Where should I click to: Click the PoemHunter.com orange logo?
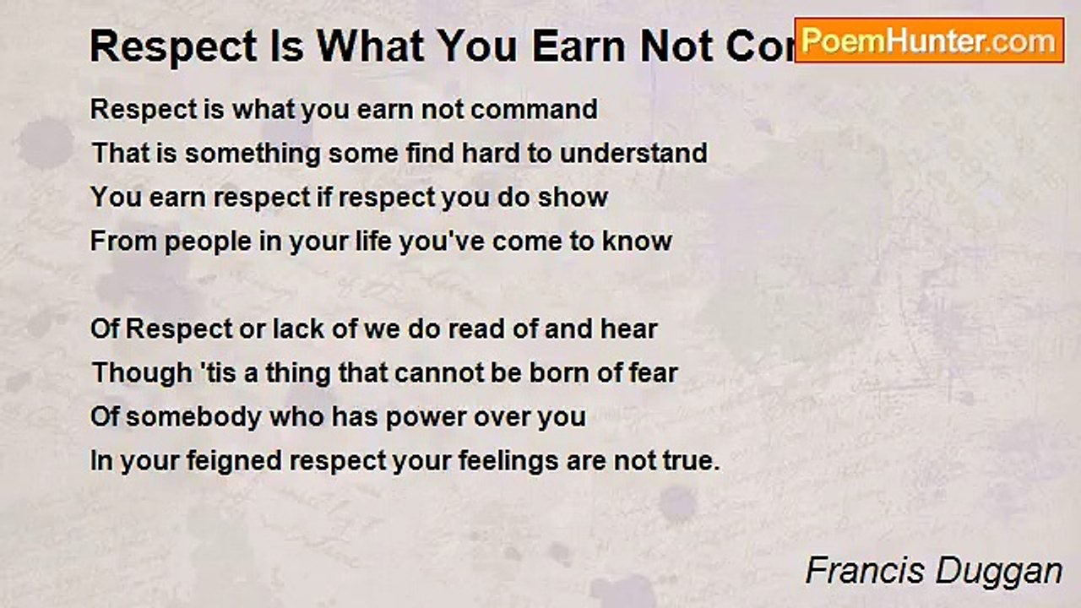click(x=929, y=41)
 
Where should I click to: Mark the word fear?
click(x=649, y=373)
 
